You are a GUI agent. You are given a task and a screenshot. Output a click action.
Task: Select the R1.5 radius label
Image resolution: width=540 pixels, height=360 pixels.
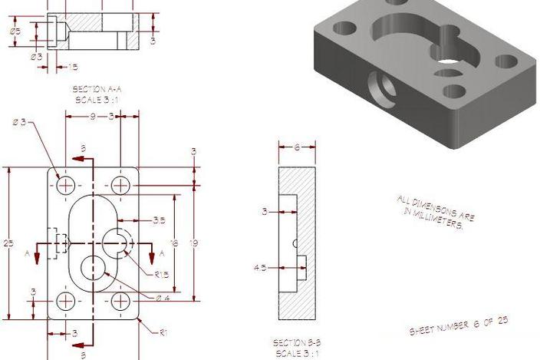[x=160, y=273]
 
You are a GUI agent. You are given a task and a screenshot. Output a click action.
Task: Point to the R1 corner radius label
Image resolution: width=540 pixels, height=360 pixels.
[x=163, y=332]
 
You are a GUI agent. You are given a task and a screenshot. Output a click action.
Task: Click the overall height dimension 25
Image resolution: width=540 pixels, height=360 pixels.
[x=8, y=243]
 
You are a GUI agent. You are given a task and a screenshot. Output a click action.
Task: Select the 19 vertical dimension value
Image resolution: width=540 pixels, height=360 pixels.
[x=194, y=243]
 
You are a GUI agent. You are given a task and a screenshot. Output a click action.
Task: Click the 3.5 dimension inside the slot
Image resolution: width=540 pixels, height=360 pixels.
[x=158, y=220]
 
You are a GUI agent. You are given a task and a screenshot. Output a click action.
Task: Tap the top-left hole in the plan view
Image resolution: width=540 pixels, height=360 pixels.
[x=66, y=185]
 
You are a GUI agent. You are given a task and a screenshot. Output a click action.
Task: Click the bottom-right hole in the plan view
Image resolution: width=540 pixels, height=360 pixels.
[x=120, y=300]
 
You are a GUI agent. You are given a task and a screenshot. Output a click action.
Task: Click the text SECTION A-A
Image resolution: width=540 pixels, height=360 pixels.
[x=98, y=90]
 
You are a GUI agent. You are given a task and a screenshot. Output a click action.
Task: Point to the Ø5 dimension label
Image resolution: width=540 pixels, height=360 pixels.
[x=15, y=31]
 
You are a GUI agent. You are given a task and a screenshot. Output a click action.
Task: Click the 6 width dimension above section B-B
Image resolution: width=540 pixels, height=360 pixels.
[x=297, y=147]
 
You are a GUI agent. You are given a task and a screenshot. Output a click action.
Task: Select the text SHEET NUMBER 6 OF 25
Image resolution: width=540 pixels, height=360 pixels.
[x=458, y=326]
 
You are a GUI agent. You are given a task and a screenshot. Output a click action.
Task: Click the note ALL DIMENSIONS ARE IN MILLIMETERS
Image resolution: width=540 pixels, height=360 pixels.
[x=434, y=211]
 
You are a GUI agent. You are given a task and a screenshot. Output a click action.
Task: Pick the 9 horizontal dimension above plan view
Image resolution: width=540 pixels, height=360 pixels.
[x=92, y=117]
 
